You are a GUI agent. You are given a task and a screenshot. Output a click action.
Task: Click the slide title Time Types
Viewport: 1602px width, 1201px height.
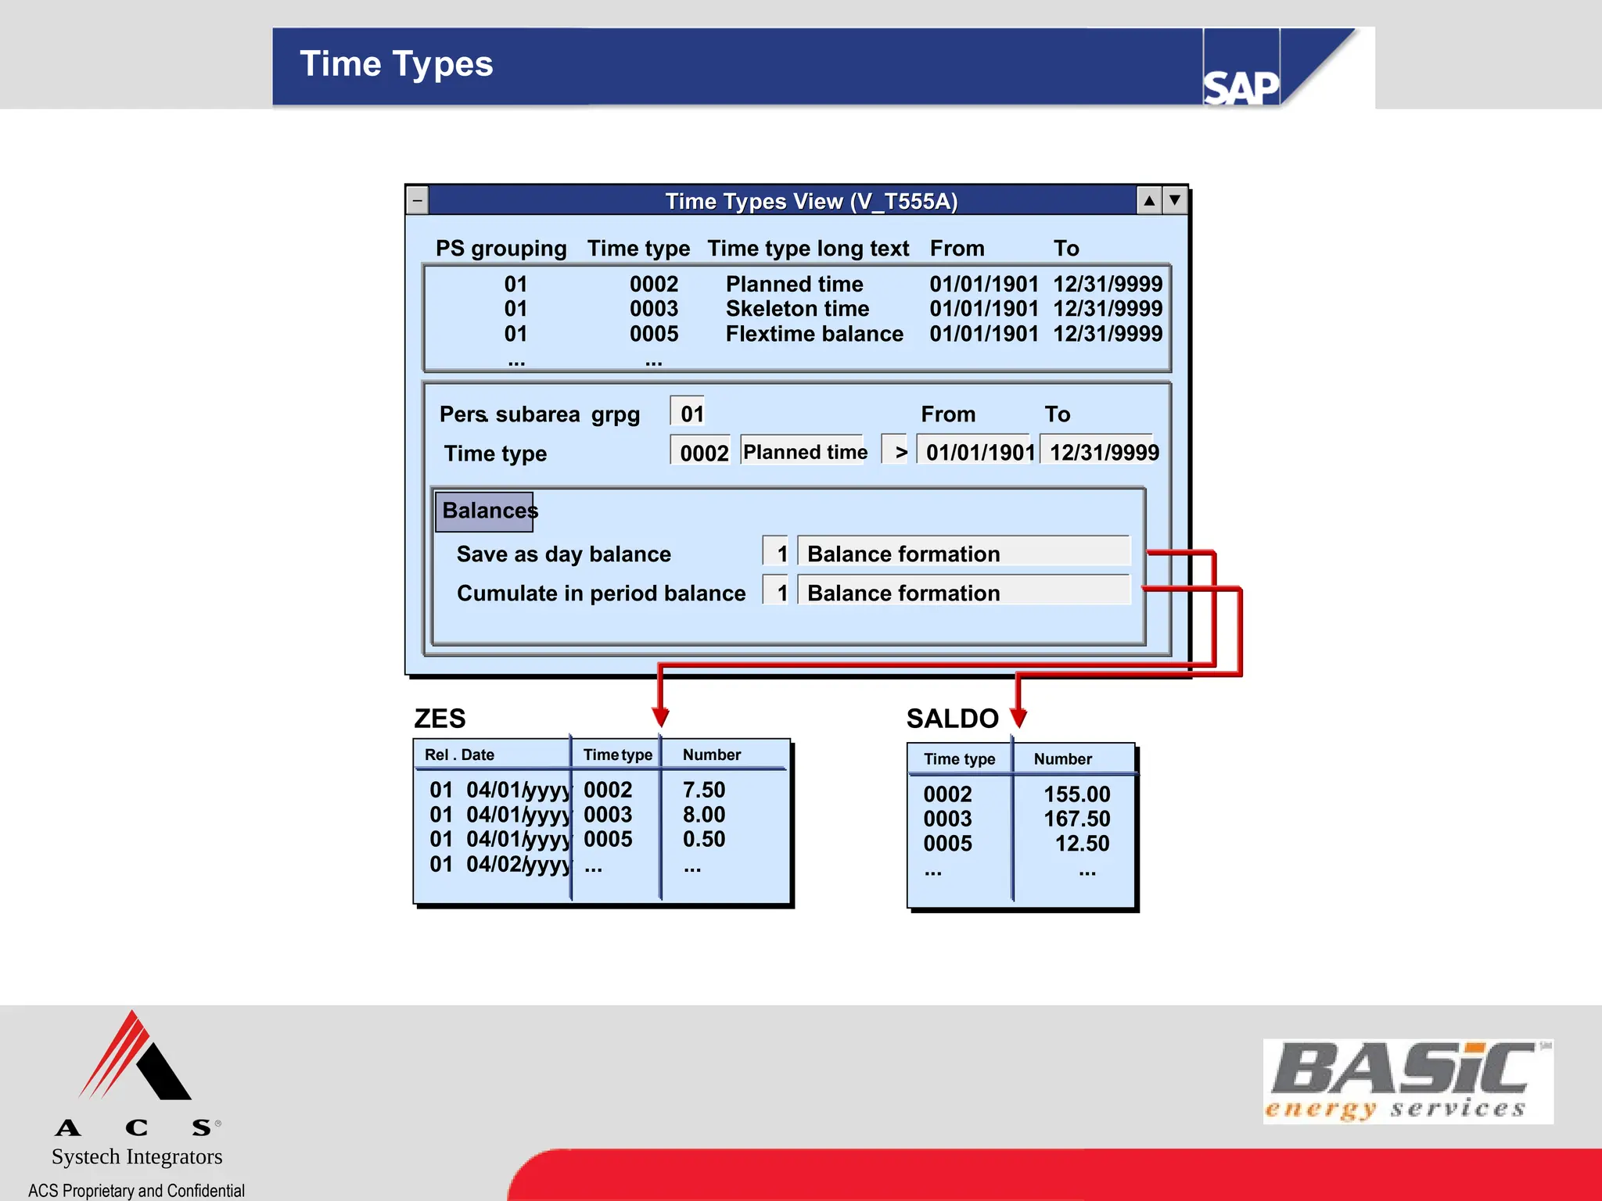pos(396,64)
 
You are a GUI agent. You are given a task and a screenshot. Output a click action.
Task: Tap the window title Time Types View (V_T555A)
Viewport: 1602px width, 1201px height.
pos(811,201)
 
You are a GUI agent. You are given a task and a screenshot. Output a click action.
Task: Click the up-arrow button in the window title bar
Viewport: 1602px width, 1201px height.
pos(1149,201)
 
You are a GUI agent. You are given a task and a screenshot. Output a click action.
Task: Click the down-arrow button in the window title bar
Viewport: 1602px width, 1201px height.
pos(1174,201)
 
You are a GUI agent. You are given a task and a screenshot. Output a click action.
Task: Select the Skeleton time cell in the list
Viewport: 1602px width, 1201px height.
pos(797,309)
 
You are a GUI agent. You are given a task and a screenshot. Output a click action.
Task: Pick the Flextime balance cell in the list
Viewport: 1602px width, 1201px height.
pos(814,334)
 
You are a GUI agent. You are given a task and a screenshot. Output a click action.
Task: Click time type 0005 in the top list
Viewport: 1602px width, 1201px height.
pos(654,334)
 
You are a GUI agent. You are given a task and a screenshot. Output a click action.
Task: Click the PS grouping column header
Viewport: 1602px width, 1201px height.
pos(501,249)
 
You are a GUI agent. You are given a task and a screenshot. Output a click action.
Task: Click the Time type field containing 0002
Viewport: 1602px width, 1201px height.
pos(702,452)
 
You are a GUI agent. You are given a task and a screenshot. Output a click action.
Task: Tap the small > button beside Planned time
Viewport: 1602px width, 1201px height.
pos(896,451)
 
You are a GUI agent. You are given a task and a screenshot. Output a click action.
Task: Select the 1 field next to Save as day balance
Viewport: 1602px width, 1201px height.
pos(778,553)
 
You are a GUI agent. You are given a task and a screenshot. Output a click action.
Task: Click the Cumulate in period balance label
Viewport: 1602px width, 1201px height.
pos(601,593)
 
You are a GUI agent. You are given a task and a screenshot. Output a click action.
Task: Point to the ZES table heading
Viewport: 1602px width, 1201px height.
pos(440,718)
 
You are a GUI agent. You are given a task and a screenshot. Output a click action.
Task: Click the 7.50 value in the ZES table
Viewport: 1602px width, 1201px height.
pos(703,790)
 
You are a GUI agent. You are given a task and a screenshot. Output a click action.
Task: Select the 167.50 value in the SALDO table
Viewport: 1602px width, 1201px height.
pos(1076,819)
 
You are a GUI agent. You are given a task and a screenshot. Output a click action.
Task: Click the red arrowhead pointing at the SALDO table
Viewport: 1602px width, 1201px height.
pos(1018,716)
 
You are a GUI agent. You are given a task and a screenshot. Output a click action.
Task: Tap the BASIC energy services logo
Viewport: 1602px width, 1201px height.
pos(1407,1081)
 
